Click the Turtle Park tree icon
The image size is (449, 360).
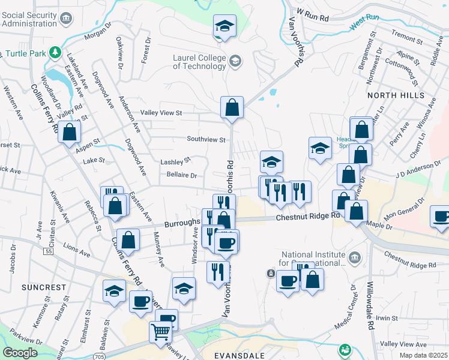coord(56,52)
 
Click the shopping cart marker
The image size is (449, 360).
coord(160,331)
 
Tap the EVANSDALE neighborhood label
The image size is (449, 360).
coord(238,355)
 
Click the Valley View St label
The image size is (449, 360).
coord(161,112)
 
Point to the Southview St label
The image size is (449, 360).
coord(205,140)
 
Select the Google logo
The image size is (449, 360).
coord(20,353)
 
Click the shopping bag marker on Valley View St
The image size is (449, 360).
coord(232,108)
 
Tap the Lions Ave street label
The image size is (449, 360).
coord(76,250)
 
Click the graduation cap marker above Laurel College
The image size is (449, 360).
coord(224,26)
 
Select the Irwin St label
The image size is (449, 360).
coord(388,317)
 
